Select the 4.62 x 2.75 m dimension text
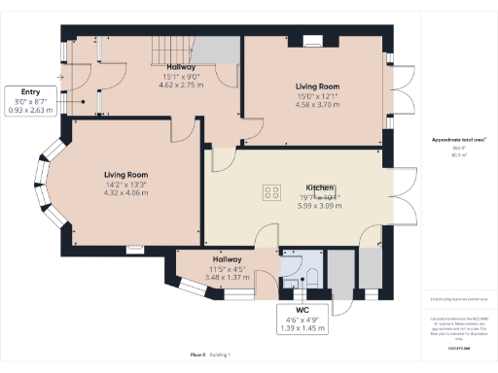coord(181,85)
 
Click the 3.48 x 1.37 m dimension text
coord(227,277)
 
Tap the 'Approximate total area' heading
coord(459,140)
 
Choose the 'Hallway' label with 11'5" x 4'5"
coord(227,259)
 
